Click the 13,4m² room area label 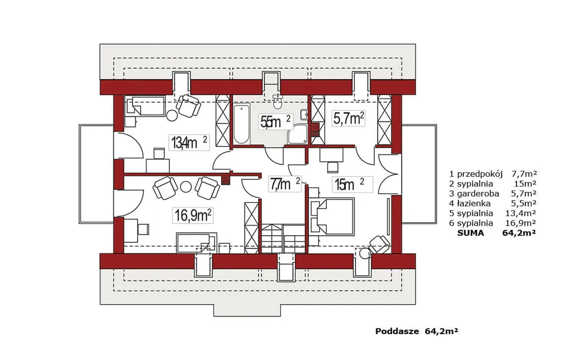point(189,143)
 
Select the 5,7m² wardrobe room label point(348,118)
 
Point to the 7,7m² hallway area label point(285,184)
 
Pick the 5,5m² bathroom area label point(276,122)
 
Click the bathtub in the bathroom point(241,124)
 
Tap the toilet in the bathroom point(277,102)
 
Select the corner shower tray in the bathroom point(297,134)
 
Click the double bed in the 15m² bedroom point(333,217)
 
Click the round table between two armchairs point(186,187)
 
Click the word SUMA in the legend point(471,233)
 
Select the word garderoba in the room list point(478,194)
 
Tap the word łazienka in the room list point(474,203)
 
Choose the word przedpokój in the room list point(479,174)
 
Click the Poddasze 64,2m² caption point(417,332)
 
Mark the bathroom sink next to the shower point(304,115)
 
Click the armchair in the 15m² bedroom point(380,244)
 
